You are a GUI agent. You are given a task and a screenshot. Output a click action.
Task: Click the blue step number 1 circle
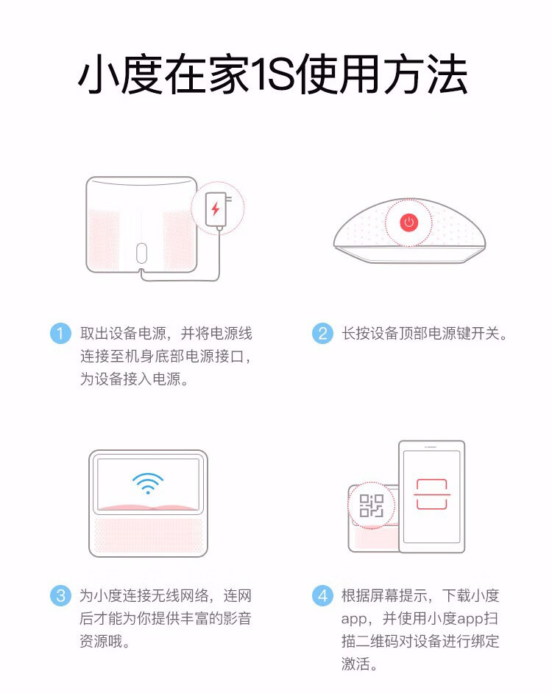(60, 333)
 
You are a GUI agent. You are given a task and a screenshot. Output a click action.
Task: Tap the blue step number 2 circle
(322, 333)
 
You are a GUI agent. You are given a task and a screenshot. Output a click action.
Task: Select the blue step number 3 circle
(60, 595)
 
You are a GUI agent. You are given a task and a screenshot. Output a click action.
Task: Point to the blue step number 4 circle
(322, 595)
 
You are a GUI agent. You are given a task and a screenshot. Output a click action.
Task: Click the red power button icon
(409, 222)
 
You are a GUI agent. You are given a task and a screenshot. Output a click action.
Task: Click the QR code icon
(371, 506)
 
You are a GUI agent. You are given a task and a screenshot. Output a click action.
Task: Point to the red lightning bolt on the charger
(215, 208)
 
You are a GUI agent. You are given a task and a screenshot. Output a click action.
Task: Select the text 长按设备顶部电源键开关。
(425, 334)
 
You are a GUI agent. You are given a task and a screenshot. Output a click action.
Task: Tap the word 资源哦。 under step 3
(105, 642)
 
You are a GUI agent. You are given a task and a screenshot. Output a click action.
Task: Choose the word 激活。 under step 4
(359, 665)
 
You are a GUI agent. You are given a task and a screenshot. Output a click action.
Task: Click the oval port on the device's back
(143, 253)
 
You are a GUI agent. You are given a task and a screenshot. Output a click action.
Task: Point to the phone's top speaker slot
(431, 448)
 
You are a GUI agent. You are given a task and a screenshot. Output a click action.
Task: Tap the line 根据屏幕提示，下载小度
(420, 595)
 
